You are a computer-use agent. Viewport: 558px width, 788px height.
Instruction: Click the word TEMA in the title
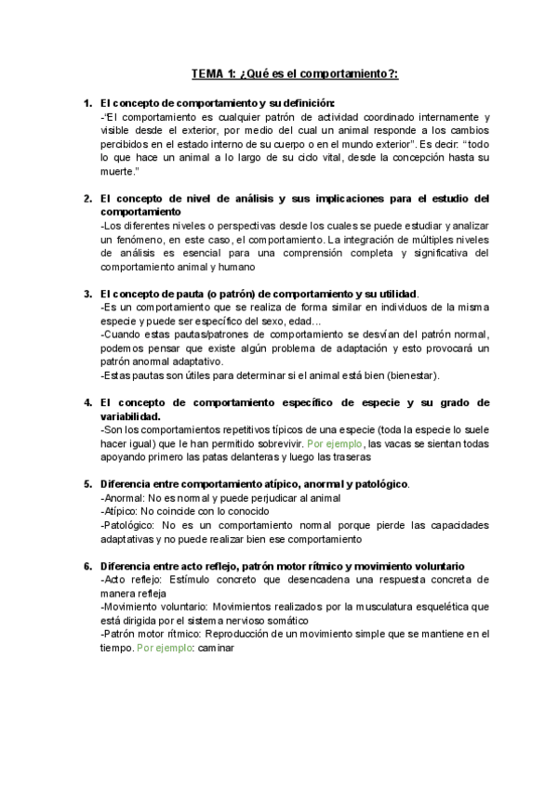207,73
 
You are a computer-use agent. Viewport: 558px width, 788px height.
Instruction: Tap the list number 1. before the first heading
87,102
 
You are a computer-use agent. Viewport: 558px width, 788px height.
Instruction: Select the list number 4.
87,402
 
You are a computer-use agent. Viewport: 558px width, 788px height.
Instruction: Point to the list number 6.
87,566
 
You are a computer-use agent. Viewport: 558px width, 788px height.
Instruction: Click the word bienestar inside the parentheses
403,375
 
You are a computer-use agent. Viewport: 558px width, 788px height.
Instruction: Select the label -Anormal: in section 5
122,498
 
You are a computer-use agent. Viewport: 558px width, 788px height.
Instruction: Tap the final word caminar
219,648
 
